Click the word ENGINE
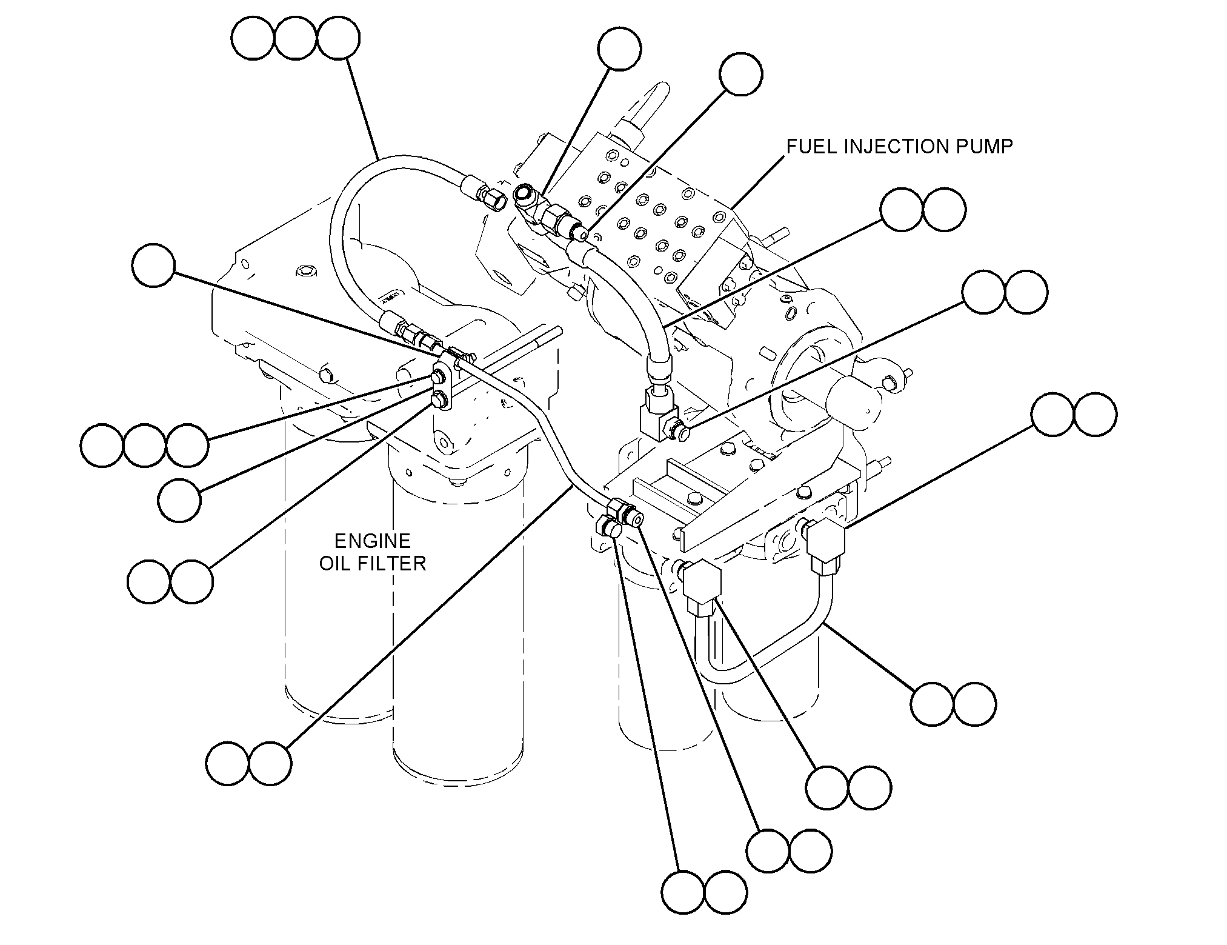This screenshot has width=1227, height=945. coord(373,541)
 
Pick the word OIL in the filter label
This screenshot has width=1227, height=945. coord(334,564)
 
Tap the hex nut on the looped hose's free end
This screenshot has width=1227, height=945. coord(492,199)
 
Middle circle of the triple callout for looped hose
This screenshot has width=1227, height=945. coord(296,38)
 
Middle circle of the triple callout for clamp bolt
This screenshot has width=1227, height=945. coord(144,446)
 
